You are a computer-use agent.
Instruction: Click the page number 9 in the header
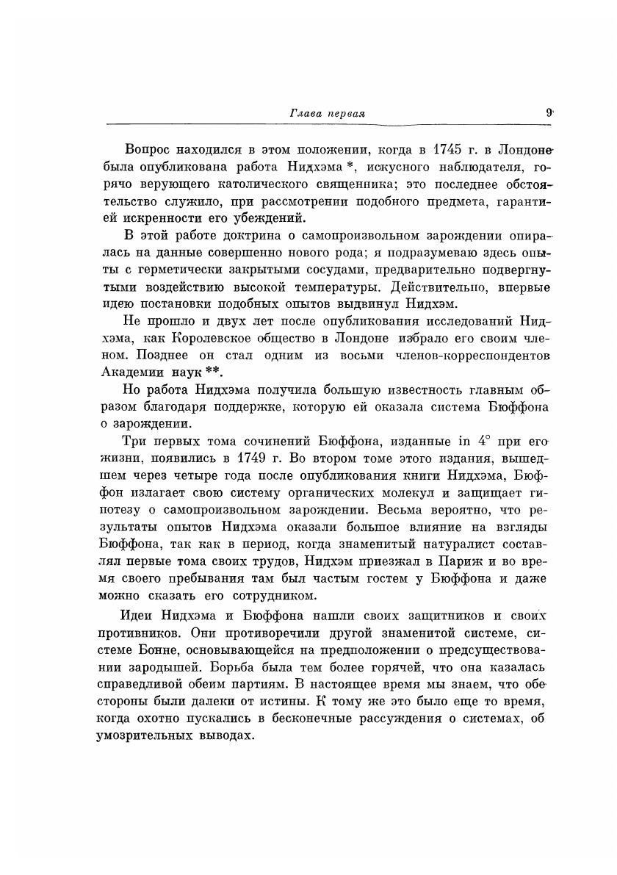pos(549,113)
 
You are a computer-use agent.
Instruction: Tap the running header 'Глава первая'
pos(328,114)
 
